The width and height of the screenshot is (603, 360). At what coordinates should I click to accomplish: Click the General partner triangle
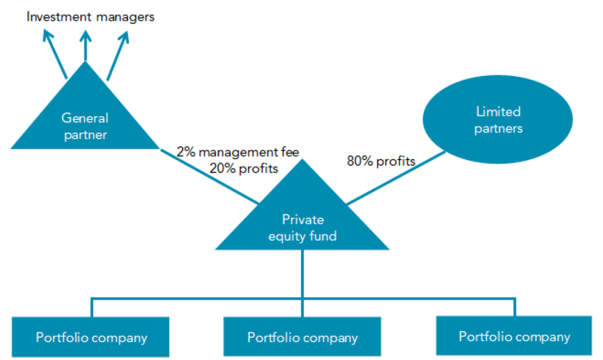85,126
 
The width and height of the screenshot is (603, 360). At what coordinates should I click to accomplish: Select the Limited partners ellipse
497,121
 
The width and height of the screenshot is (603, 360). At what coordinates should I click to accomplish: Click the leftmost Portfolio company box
92,337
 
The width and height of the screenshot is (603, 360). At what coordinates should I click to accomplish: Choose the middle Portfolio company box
302,337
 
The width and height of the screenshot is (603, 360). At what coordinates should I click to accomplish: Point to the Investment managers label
90,17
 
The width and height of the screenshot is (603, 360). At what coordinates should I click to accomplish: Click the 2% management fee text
237,151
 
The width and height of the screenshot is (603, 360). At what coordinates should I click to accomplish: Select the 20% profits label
246,168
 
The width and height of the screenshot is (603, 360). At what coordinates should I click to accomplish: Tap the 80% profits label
381,161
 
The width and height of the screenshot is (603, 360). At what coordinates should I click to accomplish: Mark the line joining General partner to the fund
207,175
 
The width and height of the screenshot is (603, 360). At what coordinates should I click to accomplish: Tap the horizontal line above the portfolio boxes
188,298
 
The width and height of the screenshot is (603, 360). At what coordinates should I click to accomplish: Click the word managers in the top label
126,17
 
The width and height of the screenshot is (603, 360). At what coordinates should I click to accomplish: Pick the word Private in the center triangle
302,219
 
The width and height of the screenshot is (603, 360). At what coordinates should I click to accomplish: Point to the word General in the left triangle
85,118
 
